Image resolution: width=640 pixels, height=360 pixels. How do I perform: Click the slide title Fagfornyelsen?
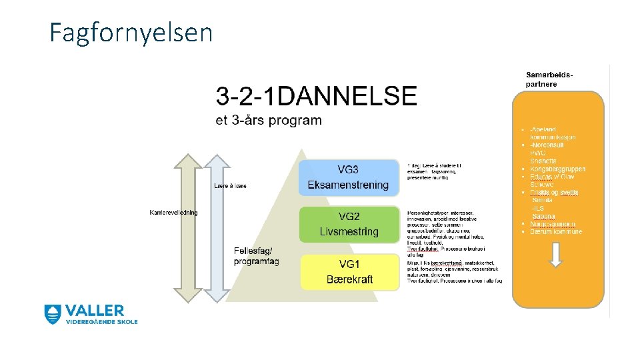131,32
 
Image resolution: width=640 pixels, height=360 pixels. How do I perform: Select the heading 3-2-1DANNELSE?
316,97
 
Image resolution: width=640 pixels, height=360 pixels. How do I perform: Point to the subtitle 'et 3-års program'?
268,121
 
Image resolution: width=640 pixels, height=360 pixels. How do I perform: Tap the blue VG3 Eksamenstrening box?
348,177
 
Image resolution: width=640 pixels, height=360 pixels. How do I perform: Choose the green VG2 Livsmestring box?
348,225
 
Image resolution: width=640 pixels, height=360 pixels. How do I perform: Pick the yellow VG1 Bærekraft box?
349,272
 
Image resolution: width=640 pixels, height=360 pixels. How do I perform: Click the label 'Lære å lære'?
230,186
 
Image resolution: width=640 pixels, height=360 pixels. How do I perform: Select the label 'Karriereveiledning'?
173,213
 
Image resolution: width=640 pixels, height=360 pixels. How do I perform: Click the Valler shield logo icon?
53,315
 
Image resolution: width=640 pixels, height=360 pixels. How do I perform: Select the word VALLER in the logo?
94,311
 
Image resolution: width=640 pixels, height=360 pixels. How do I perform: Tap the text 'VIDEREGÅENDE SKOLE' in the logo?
101,322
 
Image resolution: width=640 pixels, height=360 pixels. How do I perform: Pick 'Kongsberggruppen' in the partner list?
557,169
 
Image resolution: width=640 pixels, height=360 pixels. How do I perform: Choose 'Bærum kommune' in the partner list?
555,232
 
